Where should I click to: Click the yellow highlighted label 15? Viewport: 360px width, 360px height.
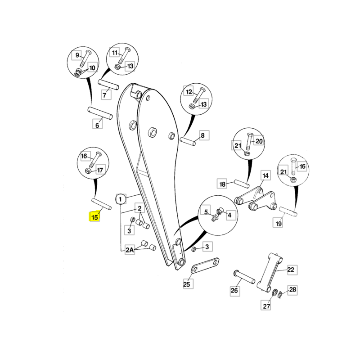click(94, 217)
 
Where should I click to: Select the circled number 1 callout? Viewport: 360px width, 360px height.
click(121, 199)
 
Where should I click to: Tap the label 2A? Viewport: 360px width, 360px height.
click(130, 250)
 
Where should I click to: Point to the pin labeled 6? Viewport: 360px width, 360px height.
click(100, 113)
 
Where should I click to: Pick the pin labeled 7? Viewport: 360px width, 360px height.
click(108, 85)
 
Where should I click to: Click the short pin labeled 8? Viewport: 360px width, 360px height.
click(188, 141)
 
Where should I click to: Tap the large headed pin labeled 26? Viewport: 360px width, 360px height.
click(244, 277)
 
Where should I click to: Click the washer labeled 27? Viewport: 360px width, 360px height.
click(274, 293)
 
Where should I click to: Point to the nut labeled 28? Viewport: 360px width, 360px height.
click(280, 294)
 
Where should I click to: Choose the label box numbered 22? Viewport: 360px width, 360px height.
click(291, 270)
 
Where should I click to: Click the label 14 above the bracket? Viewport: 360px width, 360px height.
click(265, 176)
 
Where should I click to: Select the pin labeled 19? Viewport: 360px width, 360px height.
click(288, 211)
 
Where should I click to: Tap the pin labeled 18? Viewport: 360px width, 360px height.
click(242, 184)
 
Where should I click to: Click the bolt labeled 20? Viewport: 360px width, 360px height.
click(250, 141)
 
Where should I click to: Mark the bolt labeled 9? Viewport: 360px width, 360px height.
click(85, 59)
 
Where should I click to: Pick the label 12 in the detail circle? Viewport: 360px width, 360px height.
click(189, 92)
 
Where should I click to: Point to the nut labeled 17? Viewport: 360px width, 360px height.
click(87, 171)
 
